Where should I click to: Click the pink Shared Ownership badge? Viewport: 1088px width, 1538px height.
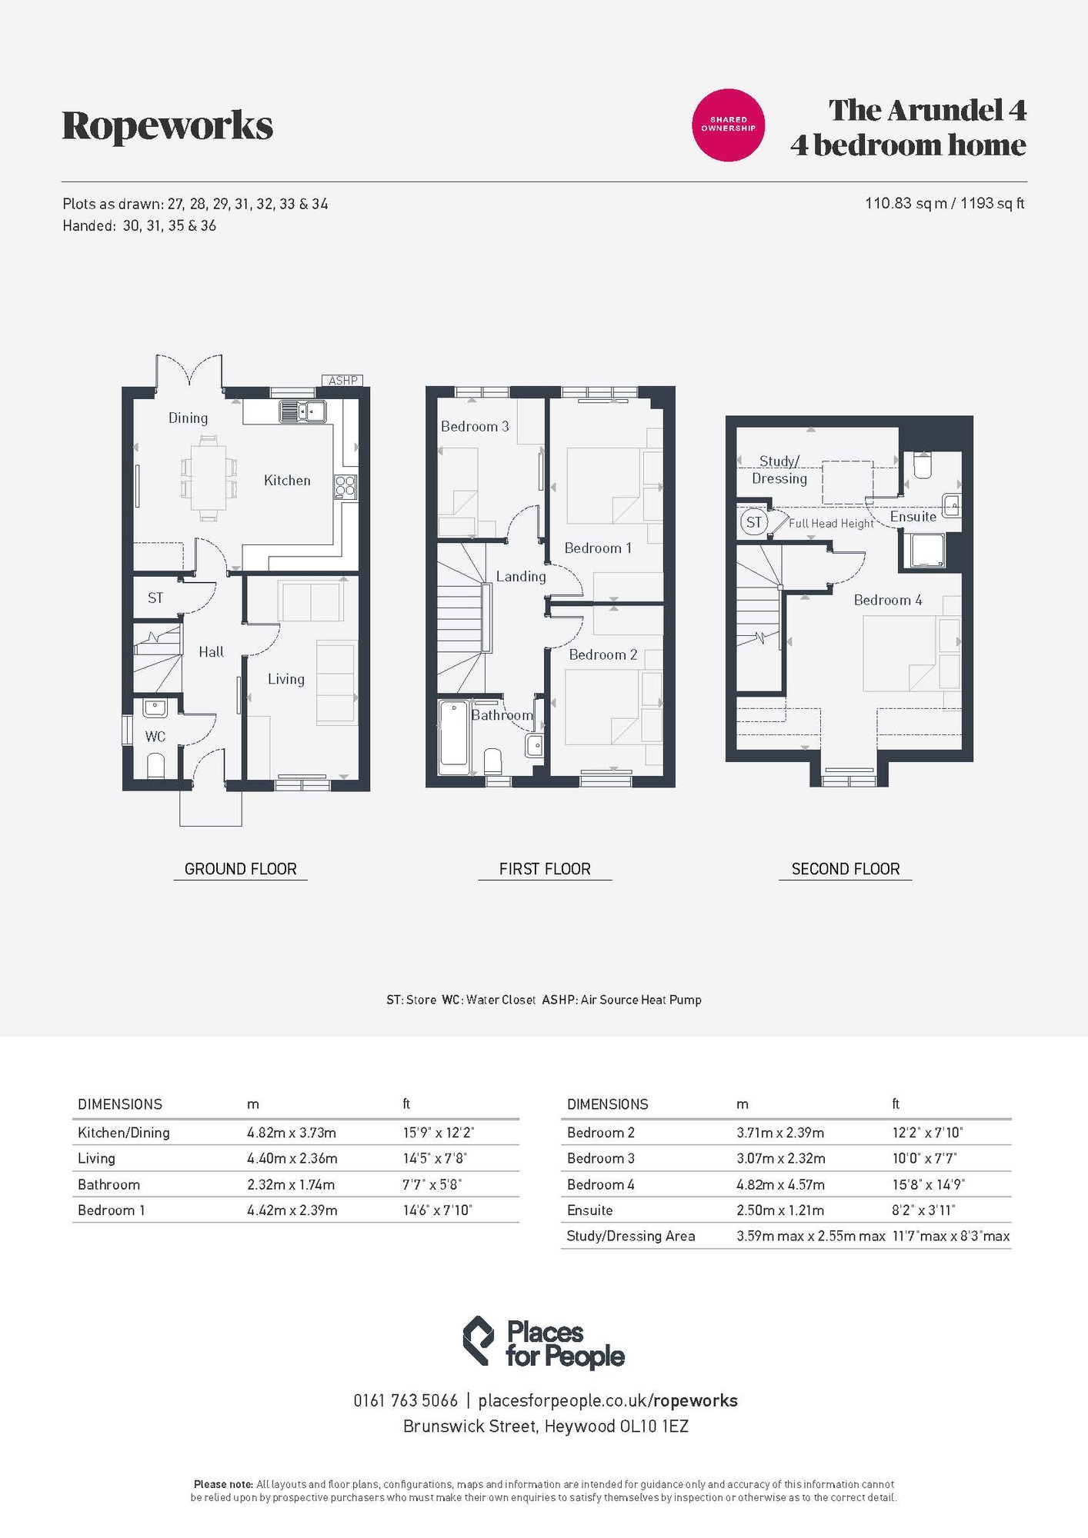[729, 125]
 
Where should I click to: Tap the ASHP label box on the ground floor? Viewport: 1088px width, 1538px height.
[343, 381]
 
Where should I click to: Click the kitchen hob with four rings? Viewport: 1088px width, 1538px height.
[345, 486]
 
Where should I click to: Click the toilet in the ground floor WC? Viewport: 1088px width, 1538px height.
[155, 765]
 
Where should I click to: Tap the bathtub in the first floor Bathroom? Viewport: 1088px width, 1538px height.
[453, 737]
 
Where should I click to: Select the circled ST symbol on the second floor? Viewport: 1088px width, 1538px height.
[753, 522]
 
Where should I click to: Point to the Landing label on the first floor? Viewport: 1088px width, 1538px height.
[521, 577]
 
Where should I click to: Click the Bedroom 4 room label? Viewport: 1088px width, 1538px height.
[888, 601]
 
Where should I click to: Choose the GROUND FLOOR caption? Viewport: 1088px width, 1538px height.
[240, 869]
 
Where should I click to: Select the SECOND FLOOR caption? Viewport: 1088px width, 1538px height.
[846, 869]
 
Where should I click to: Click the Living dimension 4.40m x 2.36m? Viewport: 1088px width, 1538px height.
[292, 1158]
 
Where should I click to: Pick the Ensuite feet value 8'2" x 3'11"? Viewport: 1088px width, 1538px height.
[923, 1210]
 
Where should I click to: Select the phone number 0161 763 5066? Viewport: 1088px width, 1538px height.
[405, 1400]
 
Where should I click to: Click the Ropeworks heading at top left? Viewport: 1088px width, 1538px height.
[168, 126]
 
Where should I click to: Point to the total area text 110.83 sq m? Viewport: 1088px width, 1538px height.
[906, 204]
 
